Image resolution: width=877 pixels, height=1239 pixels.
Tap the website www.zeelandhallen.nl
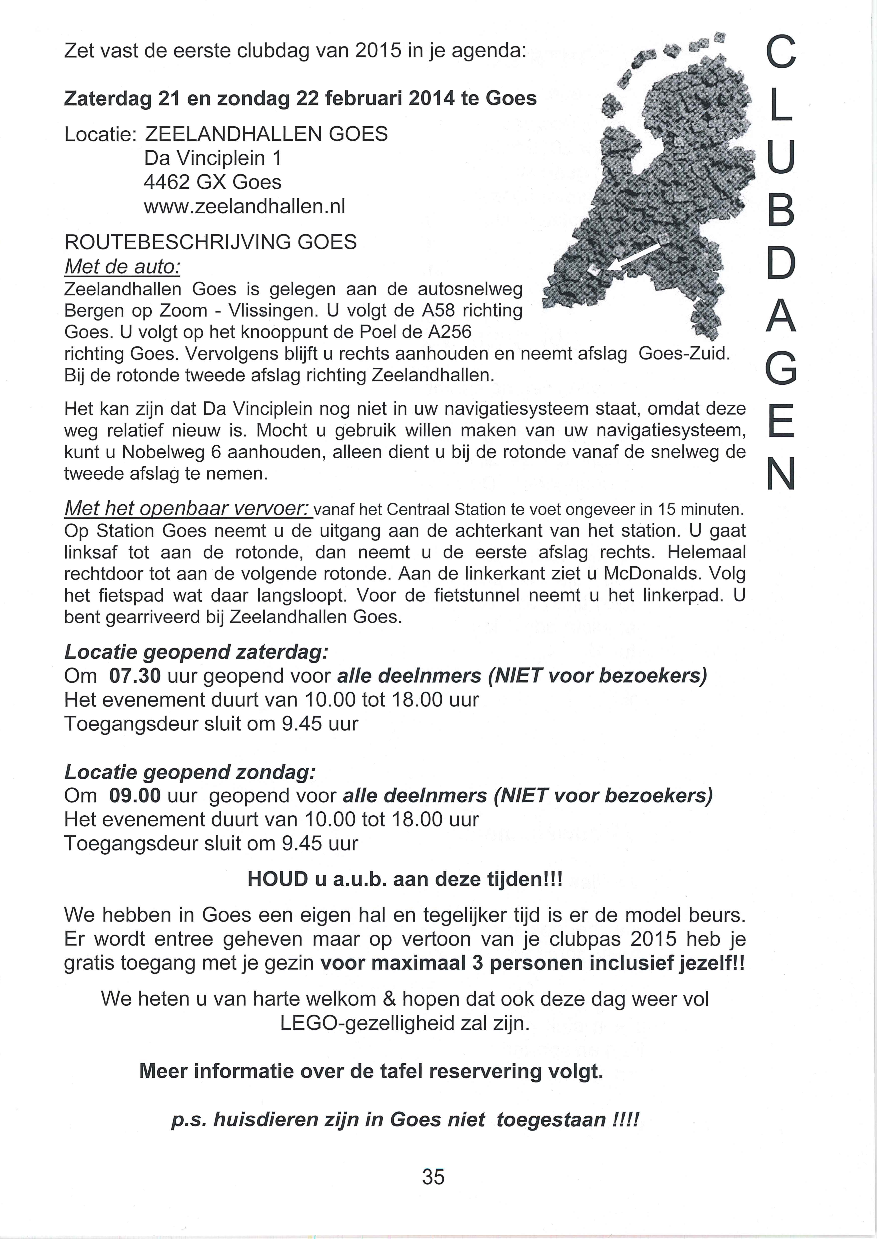point(244,206)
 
